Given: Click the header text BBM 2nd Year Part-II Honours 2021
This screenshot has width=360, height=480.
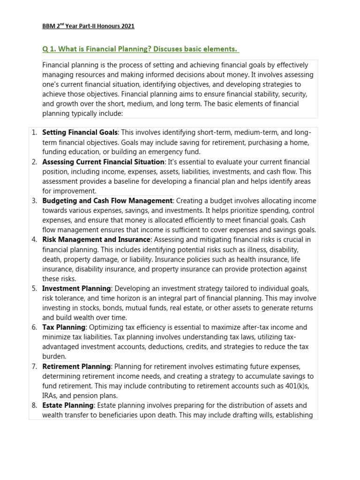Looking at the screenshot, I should [88, 26].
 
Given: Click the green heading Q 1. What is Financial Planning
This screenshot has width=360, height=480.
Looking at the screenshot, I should [141, 49].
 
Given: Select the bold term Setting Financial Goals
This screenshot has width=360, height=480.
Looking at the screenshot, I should [80, 133].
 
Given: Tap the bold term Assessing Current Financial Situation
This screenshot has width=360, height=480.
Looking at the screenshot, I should [104, 162].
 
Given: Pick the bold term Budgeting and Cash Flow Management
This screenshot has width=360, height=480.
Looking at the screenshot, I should [107, 201].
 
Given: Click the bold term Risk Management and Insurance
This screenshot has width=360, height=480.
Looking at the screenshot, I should [96, 240].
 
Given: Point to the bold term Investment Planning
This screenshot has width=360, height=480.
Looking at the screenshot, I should [76, 288].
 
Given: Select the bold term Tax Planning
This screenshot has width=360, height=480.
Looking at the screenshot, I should [64, 327].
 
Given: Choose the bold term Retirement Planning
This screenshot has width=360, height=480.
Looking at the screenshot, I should [76, 366].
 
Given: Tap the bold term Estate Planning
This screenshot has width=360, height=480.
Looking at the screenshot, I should [68, 405].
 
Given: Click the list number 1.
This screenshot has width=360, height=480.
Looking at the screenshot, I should [34, 133].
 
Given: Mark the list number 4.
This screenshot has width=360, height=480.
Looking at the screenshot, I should [34, 240].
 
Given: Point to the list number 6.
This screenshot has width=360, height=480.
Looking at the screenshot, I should [34, 327].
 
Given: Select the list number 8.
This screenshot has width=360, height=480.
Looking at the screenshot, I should [34, 405].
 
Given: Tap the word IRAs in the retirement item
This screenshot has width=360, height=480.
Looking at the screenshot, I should [50, 396].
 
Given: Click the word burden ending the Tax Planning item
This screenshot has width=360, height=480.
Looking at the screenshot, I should [53, 357].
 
